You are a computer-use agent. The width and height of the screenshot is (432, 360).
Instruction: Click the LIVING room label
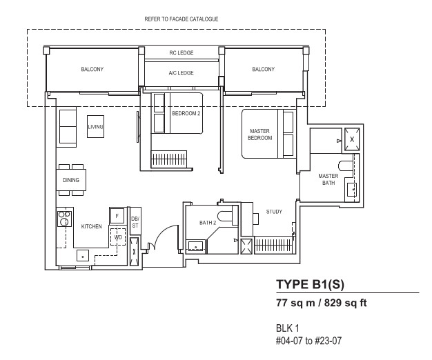(x=96, y=127)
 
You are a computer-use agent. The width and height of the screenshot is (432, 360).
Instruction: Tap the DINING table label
(x=71, y=180)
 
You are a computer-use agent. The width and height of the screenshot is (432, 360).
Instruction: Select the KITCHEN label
(x=92, y=226)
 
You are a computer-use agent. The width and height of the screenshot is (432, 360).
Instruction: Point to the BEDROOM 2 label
(x=186, y=113)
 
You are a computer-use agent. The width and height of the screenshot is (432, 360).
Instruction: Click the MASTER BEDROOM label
(x=259, y=134)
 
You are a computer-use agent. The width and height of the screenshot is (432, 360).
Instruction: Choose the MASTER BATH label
(x=328, y=179)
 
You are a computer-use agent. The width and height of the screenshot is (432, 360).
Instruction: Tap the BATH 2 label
(x=208, y=223)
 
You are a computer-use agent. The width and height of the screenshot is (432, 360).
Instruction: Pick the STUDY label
(x=274, y=212)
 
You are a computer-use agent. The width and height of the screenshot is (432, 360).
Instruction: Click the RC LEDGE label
(x=181, y=53)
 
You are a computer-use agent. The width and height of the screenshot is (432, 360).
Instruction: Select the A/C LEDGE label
(x=181, y=73)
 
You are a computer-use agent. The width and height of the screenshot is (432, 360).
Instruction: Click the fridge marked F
(x=117, y=216)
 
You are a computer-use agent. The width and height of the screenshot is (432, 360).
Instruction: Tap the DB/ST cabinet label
(x=135, y=222)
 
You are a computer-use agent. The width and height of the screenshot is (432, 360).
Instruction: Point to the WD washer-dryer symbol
(x=118, y=237)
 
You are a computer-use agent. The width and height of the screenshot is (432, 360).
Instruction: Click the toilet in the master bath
(x=346, y=166)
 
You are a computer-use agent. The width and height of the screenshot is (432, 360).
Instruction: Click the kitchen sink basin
(x=83, y=255)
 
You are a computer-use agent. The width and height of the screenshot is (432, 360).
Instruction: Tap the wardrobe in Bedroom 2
(x=168, y=159)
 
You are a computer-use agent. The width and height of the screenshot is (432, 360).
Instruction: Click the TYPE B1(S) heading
(x=311, y=284)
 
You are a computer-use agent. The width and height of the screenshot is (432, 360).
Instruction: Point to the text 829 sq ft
(x=346, y=303)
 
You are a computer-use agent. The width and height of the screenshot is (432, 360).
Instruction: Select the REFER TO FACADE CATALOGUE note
(x=181, y=19)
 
